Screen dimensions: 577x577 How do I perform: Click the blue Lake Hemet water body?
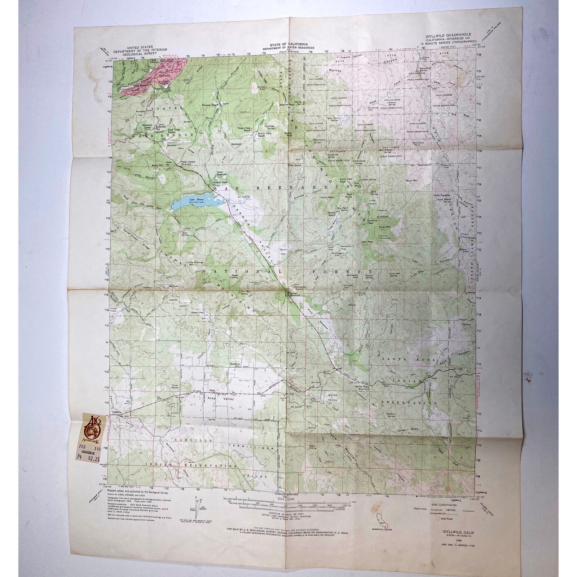coord(188,204)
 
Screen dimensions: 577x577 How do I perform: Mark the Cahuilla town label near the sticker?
coord(116,412)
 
